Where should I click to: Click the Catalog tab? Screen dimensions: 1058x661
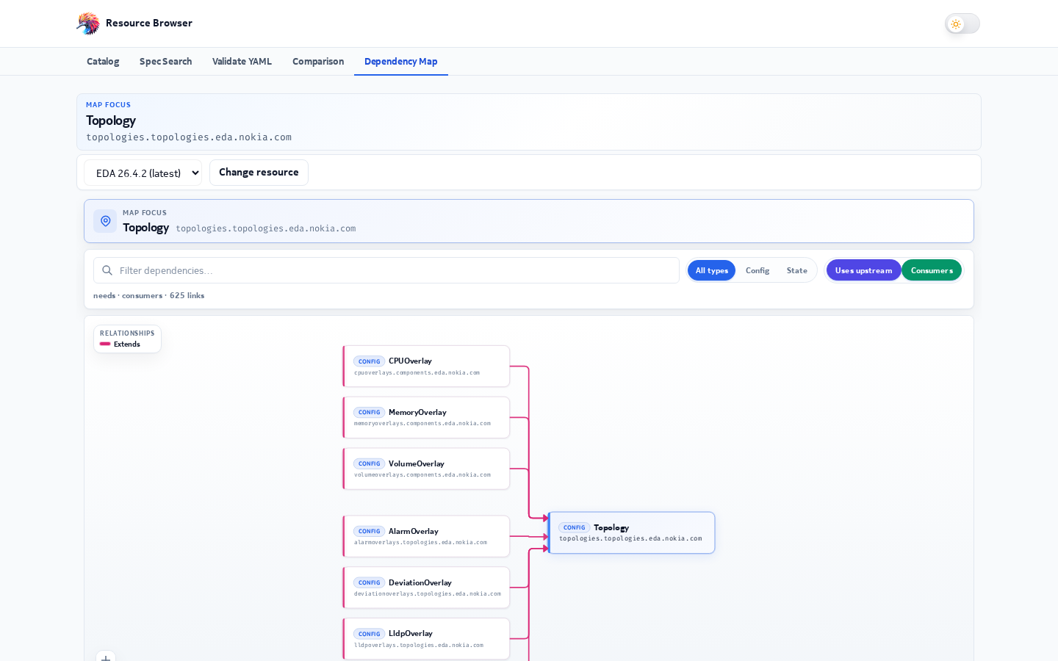pyautogui.click(x=103, y=62)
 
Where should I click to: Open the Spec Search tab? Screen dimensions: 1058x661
pyautogui.click(x=165, y=62)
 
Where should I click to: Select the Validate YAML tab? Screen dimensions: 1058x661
pyautogui.click(x=242, y=62)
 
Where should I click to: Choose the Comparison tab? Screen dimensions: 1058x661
pyautogui.click(x=318, y=62)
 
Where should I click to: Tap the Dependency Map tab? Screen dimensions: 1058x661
pyautogui.click(x=401, y=62)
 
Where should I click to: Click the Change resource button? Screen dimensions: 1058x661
pyautogui.click(x=259, y=173)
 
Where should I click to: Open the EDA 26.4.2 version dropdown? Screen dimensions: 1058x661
pyautogui.click(x=143, y=173)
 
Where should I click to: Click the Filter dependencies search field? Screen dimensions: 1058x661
pyautogui.click(x=386, y=270)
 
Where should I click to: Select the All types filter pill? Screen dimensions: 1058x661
pyautogui.click(x=711, y=270)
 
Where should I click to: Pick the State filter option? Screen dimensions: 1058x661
pyautogui.click(x=796, y=270)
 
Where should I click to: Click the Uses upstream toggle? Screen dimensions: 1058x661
pyautogui.click(x=863, y=270)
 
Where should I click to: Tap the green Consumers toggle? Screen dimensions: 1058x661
pyautogui.click(x=932, y=270)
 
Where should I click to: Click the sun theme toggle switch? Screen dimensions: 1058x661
pyautogui.click(x=962, y=24)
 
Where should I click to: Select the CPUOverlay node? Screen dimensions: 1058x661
pyautogui.click(x=426, y=366)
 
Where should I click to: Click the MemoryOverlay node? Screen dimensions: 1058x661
pyautogui.click(x=426, y=417)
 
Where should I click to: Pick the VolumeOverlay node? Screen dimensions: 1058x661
pyautogui.click(x=426, y=469)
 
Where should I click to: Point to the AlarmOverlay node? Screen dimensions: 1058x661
pyautogui.click(x=426, y=536)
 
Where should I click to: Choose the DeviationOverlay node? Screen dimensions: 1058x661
pyautogui.click(x=426, y=588)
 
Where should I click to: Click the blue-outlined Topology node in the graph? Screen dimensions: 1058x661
pyautogui.click(x=632, y=532)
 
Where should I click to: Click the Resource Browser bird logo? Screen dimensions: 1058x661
pyautogui.click(x=88, y=24)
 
